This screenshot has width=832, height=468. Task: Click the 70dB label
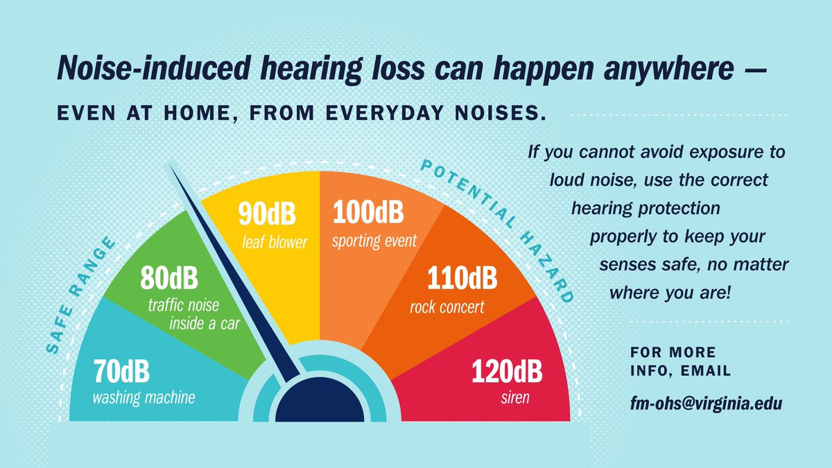[121, 372]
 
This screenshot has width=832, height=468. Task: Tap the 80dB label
[169, 279]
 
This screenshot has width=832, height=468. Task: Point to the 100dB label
[368, 213]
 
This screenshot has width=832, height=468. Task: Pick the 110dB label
[462, 279]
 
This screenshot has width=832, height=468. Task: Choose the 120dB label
[507, 372]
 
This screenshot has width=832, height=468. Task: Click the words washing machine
[144, 398]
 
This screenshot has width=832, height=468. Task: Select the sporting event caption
[374, 241]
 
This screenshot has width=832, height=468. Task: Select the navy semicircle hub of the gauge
[320, 403]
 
